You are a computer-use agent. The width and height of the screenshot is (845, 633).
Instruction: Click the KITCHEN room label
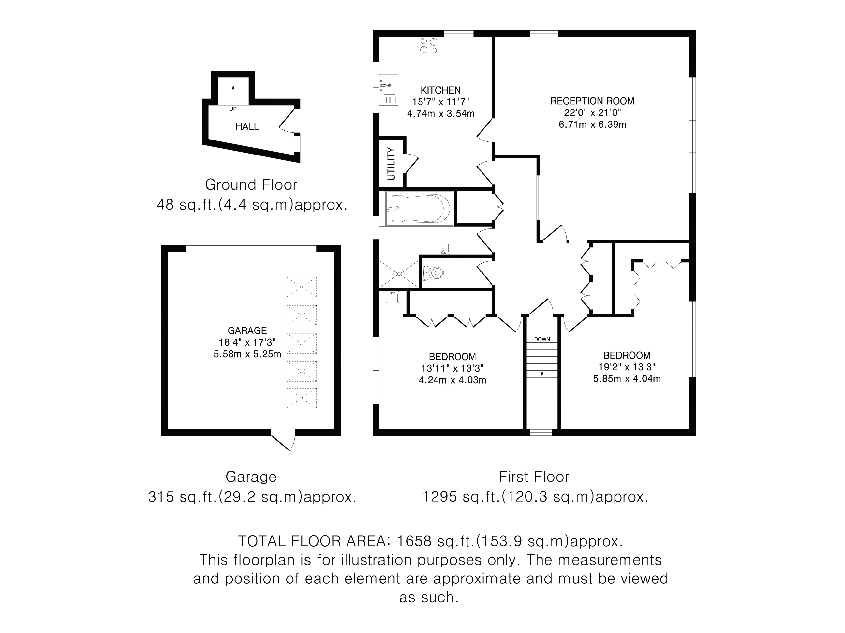point(440,90)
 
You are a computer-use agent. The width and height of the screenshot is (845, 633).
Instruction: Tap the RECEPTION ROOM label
point(592,101)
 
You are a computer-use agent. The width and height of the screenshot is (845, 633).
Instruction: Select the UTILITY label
point(391,164)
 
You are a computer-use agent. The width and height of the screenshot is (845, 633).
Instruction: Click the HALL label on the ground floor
point(247,126)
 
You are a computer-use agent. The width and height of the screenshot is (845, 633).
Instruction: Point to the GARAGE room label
point(247,331)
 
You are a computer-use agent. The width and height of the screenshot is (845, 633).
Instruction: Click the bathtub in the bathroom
point(419,209)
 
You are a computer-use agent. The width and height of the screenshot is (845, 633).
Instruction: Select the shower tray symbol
point(399,274)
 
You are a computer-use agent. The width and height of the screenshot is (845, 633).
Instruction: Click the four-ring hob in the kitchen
point(429,46)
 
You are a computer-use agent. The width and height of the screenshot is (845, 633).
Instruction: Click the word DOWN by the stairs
point(542,339)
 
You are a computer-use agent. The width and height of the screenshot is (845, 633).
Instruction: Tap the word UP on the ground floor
point(233,109)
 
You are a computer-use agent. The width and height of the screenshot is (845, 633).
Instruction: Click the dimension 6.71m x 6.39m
point(592,125)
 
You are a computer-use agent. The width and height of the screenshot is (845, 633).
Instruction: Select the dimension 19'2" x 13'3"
point(627,367)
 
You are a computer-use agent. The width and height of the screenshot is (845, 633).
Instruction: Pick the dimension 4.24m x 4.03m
point(453,380)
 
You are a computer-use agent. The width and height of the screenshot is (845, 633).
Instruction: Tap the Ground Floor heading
point(251,185)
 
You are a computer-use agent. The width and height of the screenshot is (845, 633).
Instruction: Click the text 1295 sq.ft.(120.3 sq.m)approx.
point(535,497)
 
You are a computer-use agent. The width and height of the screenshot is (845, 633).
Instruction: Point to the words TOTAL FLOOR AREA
point(314,541)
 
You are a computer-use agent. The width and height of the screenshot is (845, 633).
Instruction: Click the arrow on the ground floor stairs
point(233,94)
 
